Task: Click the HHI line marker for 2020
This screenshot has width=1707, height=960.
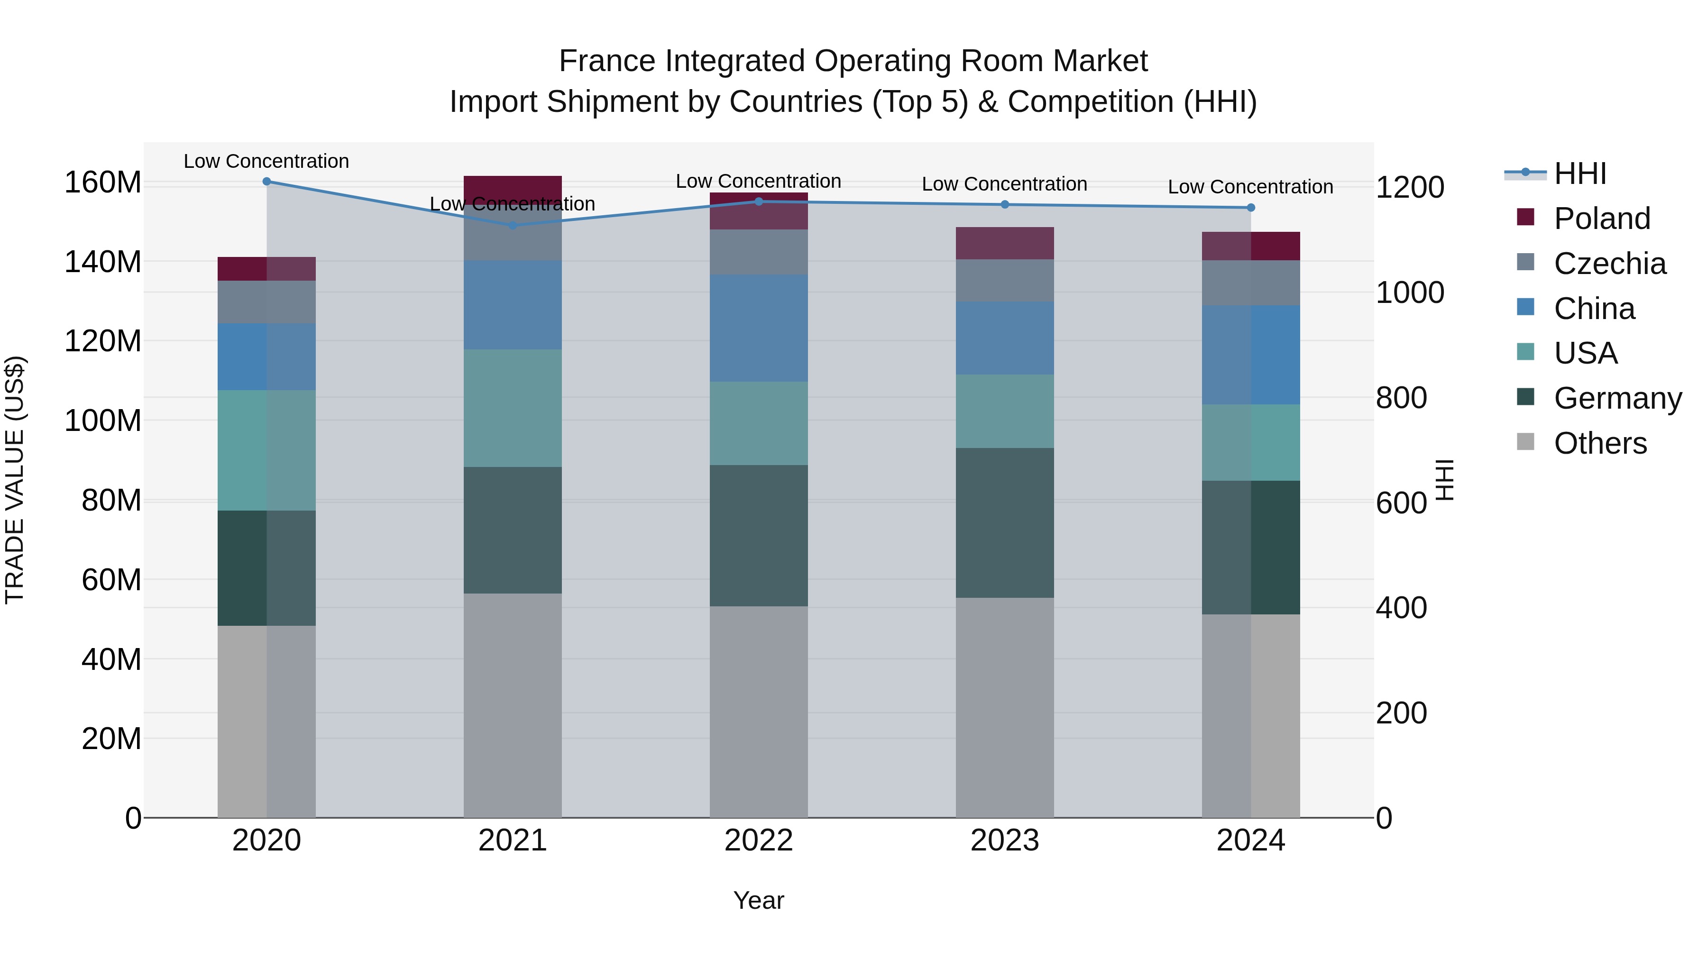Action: point(266,182)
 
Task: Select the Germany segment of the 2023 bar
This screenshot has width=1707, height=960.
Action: point(1005,523)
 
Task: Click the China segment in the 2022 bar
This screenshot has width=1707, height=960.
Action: point(759,328)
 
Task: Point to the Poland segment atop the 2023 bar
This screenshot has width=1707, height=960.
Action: point(1005,243)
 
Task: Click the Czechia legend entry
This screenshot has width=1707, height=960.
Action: point(1609,264)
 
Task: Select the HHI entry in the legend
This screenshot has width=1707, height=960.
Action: point(1580,174)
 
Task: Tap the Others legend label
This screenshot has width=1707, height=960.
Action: point(1600,443)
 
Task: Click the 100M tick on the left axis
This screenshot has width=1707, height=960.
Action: point(103,421)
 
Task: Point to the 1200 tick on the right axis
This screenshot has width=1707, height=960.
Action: point(1410,187)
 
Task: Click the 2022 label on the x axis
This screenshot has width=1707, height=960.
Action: point(759,841)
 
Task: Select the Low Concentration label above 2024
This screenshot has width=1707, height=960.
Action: point(1250,187)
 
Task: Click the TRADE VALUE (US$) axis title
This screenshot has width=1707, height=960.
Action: point(15,480)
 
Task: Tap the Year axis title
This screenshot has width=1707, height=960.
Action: point(759,900)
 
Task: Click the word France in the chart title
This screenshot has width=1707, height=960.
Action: point(608,61)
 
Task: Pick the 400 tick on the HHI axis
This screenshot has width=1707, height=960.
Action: point(1401,608)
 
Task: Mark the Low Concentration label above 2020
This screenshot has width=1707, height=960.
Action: point(266,161)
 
